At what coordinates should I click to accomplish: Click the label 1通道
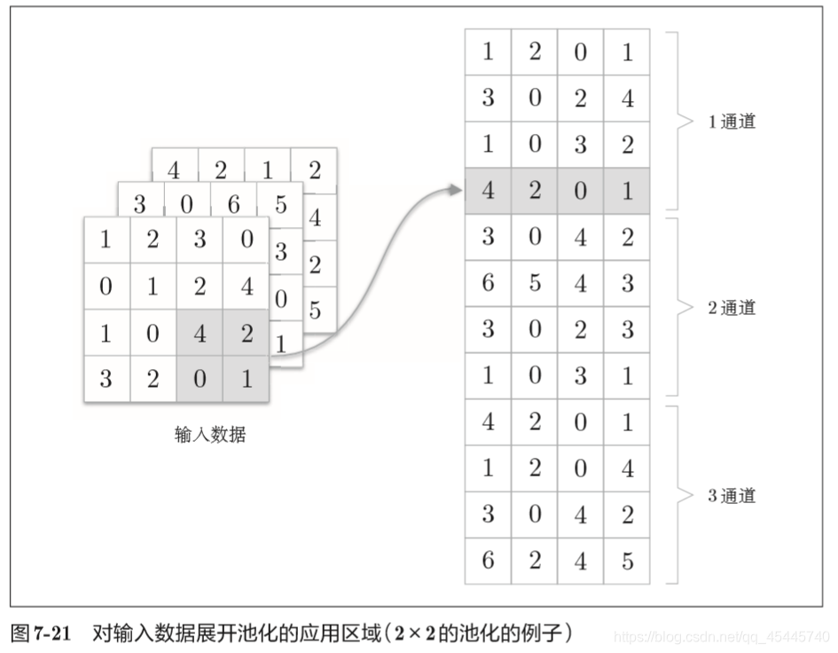pos(732,122)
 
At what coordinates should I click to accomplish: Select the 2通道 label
pos(732,308)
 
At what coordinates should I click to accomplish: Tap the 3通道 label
pos(732,495)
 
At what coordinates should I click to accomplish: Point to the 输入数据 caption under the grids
pos(210,435)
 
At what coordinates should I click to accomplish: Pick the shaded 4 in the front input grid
pos(200,334)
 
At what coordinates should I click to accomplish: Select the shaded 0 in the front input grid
pos(200,380)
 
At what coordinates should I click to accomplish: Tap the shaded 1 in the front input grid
pos(246,380)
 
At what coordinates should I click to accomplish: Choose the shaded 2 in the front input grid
pos(246,334)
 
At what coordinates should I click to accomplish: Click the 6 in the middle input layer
pos(233,205)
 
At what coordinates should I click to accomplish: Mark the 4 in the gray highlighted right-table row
pos(488,191)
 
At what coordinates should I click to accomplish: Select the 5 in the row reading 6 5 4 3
pos(534,283)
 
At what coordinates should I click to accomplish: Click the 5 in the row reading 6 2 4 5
pos(627,561)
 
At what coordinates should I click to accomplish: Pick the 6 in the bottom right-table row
pos(488,561)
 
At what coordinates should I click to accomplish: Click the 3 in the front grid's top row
pos(200,240)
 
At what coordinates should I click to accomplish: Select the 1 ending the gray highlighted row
pos(627,191)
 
